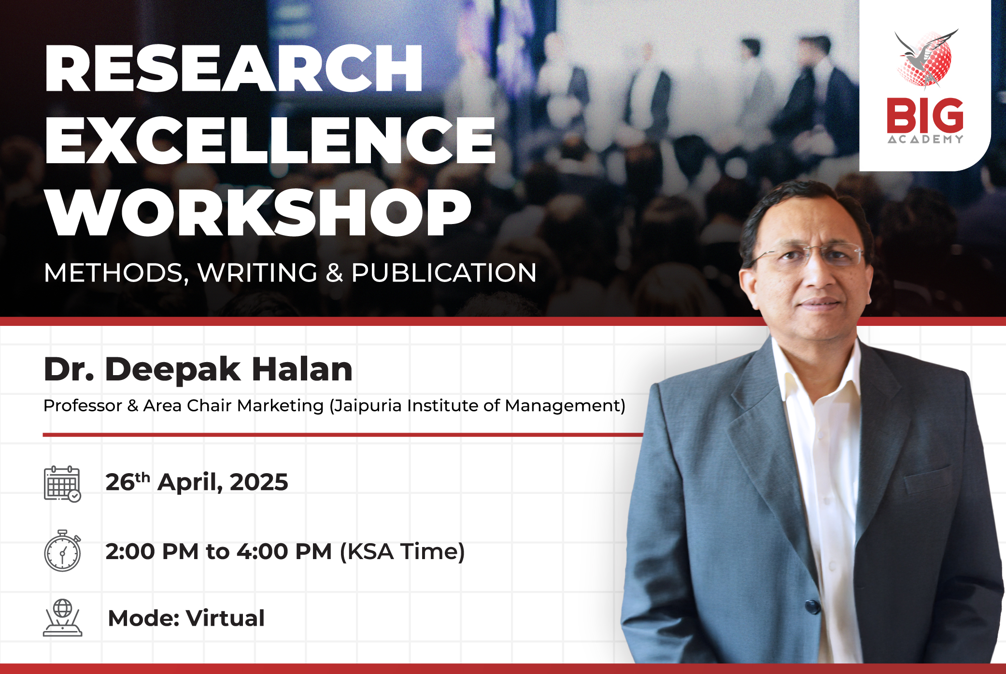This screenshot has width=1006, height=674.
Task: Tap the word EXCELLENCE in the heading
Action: pos(270,140)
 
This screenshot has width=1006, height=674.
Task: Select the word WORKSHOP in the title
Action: pos(259,212)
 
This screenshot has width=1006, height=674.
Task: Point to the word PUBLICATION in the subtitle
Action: pos(444,273)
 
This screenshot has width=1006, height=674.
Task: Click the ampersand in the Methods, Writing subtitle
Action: pos(334,273)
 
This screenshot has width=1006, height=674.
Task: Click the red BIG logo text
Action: pos(925,115)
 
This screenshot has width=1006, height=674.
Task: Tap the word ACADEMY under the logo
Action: pos(925,139)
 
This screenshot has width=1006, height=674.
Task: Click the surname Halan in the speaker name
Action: pos(302,369)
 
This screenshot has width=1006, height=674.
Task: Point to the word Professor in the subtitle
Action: pos(83,406)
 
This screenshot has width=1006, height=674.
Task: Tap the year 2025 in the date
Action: pos(259,482)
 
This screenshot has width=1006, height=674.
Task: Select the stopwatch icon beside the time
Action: pos(63,551)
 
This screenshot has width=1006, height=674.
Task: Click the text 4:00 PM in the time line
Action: pos(284,551)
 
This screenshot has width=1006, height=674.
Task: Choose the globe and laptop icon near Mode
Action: pos(63,618)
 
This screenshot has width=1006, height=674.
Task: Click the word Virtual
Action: pos(226,618)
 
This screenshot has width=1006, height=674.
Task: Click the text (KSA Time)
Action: pos(402,552)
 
